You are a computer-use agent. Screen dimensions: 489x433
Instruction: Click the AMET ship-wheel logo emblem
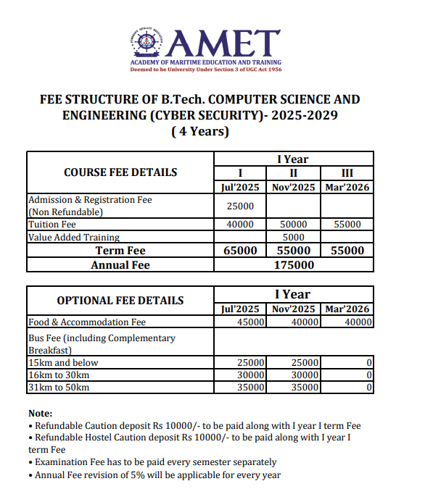point(147,44)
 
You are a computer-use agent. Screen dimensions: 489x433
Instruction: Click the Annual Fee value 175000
point(294,265)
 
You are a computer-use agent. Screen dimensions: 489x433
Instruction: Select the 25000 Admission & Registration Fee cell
point(240,206)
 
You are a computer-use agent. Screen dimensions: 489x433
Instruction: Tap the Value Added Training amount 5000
point(294,237)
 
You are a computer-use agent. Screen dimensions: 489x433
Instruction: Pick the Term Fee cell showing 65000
point(240,251)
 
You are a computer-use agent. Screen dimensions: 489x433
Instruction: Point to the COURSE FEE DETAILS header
point(120,172)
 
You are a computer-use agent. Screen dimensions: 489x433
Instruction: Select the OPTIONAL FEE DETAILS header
point(120,300)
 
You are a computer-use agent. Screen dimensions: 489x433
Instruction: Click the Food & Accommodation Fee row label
point(87,322)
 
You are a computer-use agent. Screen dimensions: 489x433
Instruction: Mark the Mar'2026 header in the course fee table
point(347,187)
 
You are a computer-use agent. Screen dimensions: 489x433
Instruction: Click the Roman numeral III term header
point(347,173)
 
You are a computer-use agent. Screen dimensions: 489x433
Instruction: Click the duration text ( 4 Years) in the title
point(200,132)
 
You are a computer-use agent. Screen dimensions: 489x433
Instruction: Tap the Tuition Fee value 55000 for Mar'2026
point(347,225)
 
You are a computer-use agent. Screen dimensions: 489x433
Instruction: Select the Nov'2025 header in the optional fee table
point(294,309)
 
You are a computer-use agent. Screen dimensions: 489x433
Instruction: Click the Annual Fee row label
point(120,265)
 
